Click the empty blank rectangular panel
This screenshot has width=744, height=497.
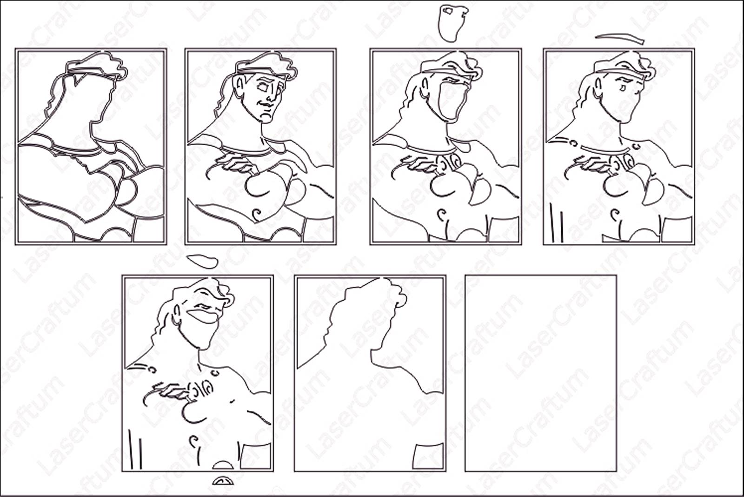point(541,373)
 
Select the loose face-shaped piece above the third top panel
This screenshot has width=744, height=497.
point(452,23)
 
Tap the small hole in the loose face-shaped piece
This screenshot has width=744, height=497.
point(448,11)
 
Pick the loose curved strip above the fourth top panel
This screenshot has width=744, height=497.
point(620,39)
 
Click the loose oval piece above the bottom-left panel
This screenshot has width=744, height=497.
point(203,262)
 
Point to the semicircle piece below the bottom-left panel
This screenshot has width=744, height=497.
point(223,481)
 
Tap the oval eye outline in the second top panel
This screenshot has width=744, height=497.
point(262,87)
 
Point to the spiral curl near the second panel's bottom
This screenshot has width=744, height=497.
point(257,215)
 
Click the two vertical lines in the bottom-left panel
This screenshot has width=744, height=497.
point(135,449)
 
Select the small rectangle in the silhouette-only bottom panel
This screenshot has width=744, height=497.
point(428,456)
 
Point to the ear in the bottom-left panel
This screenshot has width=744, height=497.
point(177,314)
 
